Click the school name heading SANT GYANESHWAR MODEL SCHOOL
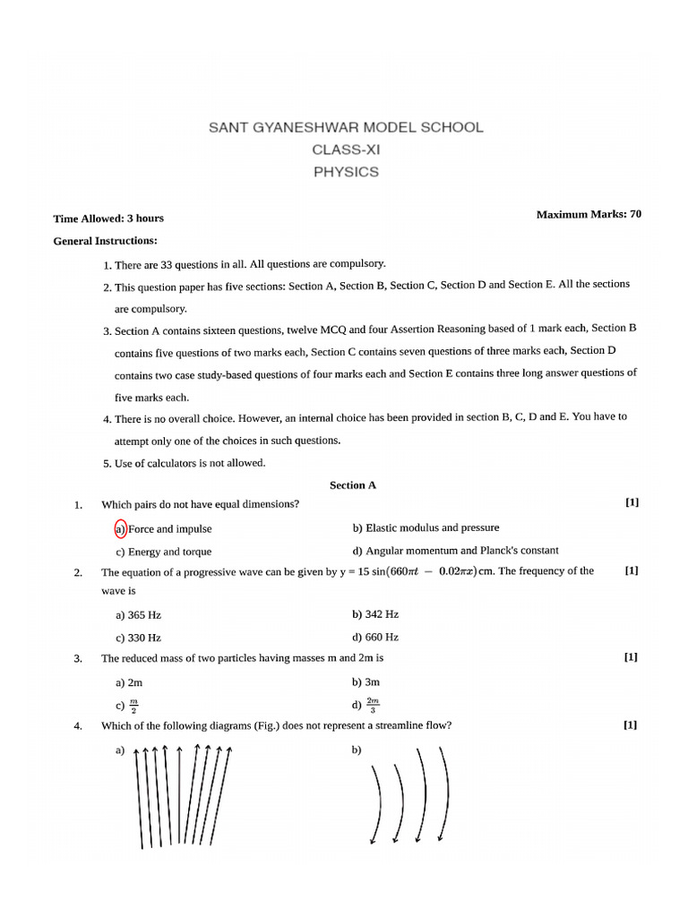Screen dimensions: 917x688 coord(345,127)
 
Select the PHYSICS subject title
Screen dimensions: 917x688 coord(345,172)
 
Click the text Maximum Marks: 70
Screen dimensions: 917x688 coord(588,214)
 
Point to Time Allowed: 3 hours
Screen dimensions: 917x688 coord(108,219)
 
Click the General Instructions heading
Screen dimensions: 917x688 coord(105,241)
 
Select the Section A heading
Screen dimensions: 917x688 coord(353,485)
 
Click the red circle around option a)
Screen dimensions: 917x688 coord(121,528)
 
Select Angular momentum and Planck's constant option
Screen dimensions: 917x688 coord(456,551)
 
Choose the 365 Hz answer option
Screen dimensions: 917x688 coord(138,615)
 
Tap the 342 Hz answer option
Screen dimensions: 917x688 coord(375,614)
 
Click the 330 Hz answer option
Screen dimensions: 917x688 coord(138,638)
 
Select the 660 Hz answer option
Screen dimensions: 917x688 coord(375,638)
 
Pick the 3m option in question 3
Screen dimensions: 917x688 coord(365,681)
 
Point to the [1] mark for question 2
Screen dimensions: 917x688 coord(631,570)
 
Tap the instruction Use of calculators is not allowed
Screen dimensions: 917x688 coord(190,463)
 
